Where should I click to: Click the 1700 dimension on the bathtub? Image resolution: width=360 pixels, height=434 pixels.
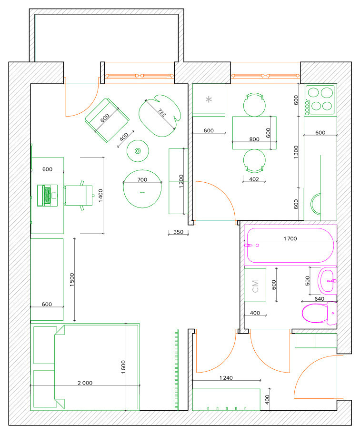(290, 238)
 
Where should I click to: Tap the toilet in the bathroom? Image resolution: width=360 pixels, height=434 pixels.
(320, 313)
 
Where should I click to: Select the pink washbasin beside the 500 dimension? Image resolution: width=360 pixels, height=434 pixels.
(327, 281)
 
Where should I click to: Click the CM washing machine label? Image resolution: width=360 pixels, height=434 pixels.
(255, 286)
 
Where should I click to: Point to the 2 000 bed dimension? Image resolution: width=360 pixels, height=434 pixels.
(85, 383)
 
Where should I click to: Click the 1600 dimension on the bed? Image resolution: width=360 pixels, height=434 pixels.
(123, 367)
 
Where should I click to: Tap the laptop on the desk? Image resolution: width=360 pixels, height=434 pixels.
(47, 196)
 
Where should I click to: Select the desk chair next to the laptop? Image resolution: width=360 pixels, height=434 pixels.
(79, 196)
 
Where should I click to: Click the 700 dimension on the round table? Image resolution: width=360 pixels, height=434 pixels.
(142, 179)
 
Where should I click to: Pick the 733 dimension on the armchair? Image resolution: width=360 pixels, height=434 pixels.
(162, 113)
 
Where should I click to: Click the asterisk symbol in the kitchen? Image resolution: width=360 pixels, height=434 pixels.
(209, 99)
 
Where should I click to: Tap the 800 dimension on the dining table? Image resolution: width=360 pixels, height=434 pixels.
(254, 139)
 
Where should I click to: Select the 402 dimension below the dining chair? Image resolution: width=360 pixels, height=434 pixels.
(254, 179)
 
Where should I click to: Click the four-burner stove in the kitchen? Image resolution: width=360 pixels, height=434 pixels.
(320, 100)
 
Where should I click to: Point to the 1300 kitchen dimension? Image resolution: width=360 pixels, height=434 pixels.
(296, 152)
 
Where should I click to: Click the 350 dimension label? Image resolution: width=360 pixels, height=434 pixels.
(179, 232)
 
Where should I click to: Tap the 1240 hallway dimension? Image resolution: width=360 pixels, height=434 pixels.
(226, 378)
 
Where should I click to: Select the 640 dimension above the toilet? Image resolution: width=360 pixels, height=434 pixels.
(320, 299)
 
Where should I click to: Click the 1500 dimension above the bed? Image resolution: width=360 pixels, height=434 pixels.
(72, 279)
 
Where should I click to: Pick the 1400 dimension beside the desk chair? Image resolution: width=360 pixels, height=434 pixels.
(100, 196)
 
